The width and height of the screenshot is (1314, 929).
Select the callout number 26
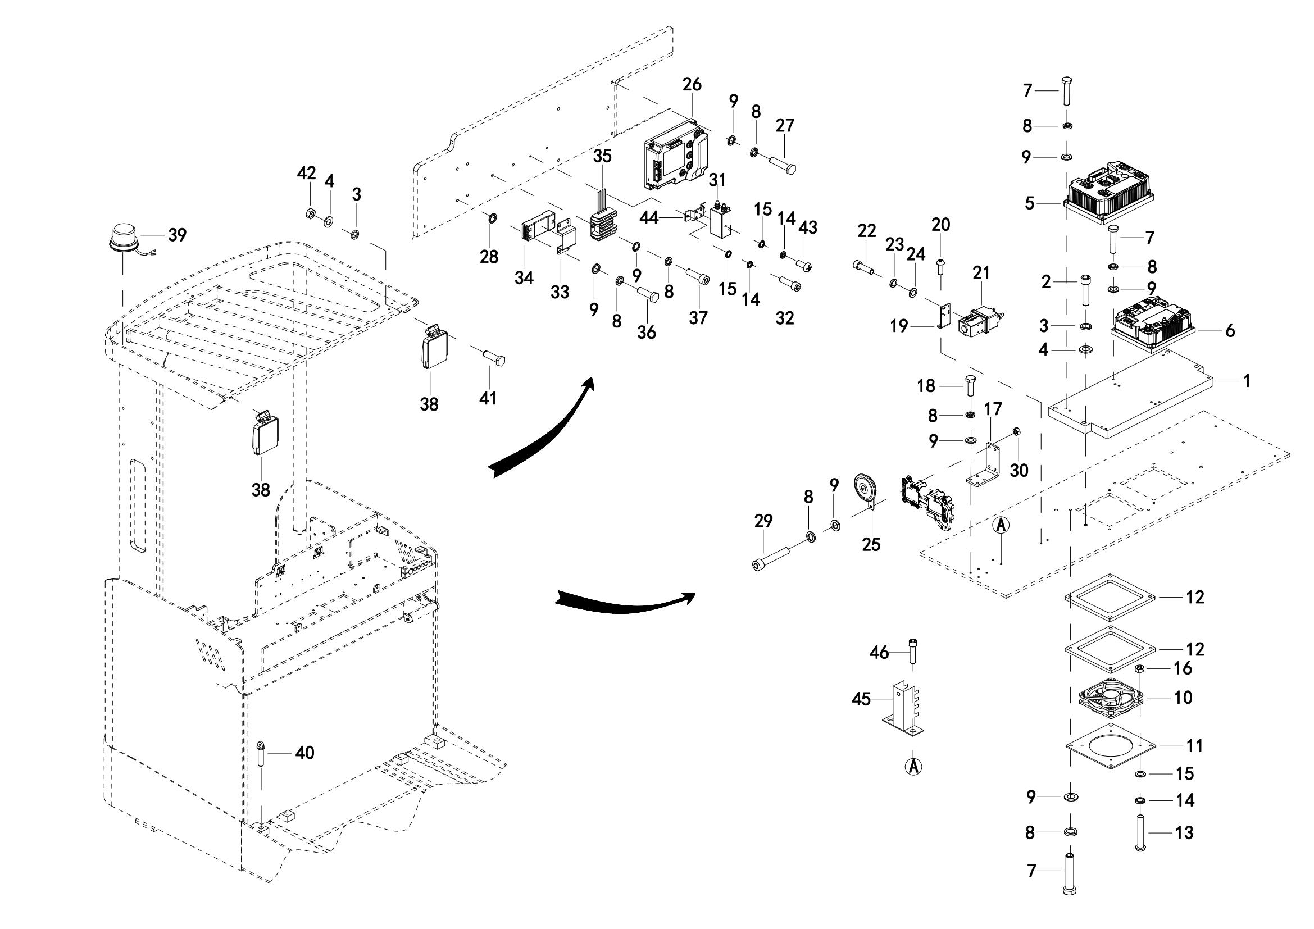(x=692, y=84)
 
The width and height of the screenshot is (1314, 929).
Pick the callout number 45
(x=861, y=699)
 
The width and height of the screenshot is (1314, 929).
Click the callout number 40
(x=304, y=753)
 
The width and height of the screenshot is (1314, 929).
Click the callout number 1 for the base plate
(x=1247, y=380)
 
